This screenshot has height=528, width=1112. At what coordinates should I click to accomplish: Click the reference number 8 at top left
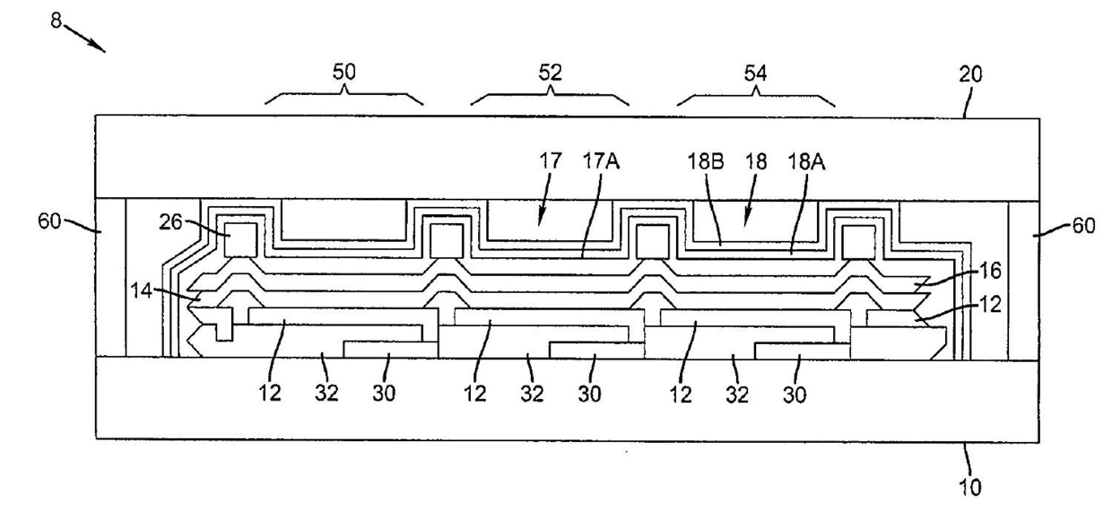click(56, 21)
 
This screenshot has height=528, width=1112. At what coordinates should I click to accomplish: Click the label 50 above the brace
click(344, 72)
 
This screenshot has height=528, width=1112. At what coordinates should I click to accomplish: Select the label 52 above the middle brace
click(550, 73)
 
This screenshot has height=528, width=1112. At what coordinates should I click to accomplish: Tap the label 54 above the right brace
click(756, 74)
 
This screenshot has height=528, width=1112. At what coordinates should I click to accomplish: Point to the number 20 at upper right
click(970, 74)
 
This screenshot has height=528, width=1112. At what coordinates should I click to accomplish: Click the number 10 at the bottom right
click(969, 488)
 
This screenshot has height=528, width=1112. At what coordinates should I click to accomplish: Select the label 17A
click(601, 161)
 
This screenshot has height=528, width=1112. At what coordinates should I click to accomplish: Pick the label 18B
click(706, 161)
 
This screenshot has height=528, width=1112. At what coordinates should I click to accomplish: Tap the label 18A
click(807, 161)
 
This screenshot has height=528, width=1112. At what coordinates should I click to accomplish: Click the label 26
click(170, 221)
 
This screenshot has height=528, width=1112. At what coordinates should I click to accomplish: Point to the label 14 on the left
click(141, 290)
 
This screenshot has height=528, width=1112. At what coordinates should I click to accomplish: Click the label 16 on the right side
click(990, 271)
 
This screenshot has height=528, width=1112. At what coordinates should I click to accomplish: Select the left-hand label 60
click(49, 221)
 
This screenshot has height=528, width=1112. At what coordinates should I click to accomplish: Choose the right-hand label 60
click(1083, 226)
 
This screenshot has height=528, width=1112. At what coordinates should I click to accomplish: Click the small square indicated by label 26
click(240, 240)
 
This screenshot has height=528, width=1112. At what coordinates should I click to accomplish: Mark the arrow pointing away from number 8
click(84, 39)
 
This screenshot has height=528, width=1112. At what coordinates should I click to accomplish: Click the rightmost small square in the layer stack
click(859, 242)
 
